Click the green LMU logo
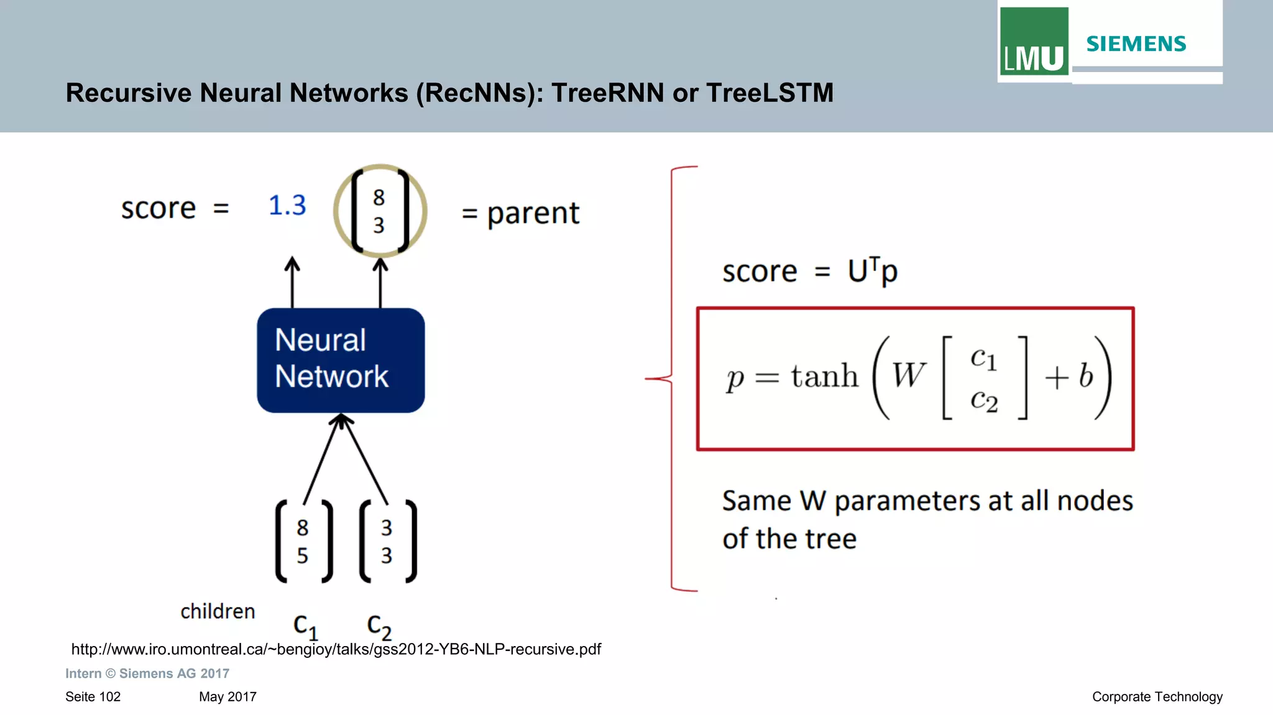[1034, 42]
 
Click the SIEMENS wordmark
[1136, 43]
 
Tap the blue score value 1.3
[287, 205]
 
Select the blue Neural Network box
[341, 360]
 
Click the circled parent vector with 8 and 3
[380, 211]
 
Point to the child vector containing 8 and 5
[303, 541]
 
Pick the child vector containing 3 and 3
[387, 541]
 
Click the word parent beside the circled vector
[533, 214]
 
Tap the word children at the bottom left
[218, 611]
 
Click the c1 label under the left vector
[305, 626]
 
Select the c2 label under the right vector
[379, 626]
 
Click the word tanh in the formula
[824, 376]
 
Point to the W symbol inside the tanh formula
[908, 376]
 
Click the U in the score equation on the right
[858, 271]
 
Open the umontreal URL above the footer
[336, 649]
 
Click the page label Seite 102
[93, 696]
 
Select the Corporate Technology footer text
[1157, 696]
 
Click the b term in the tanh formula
[1085, 376]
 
